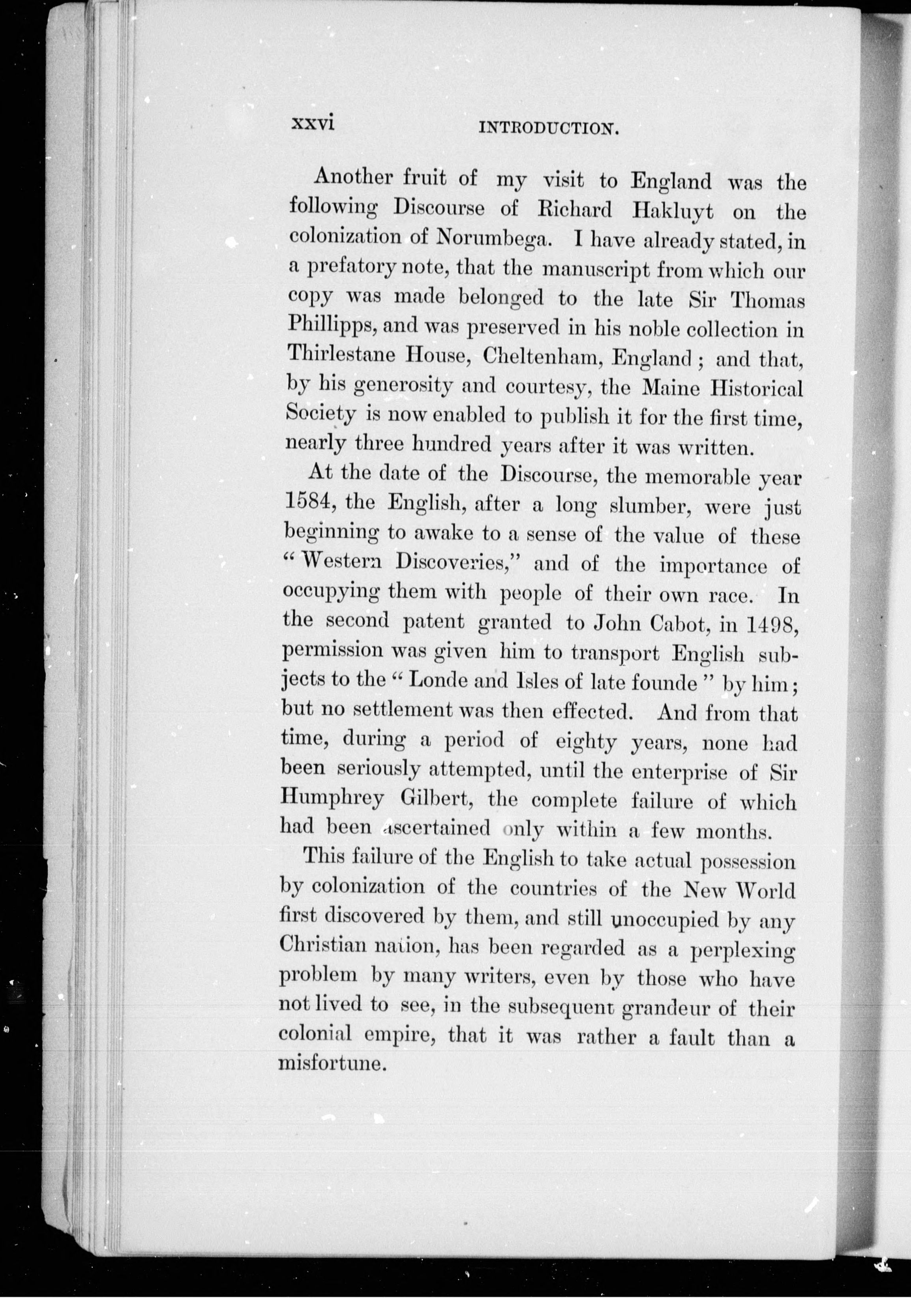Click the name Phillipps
pos(327,326)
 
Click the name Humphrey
pos(332,799)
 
